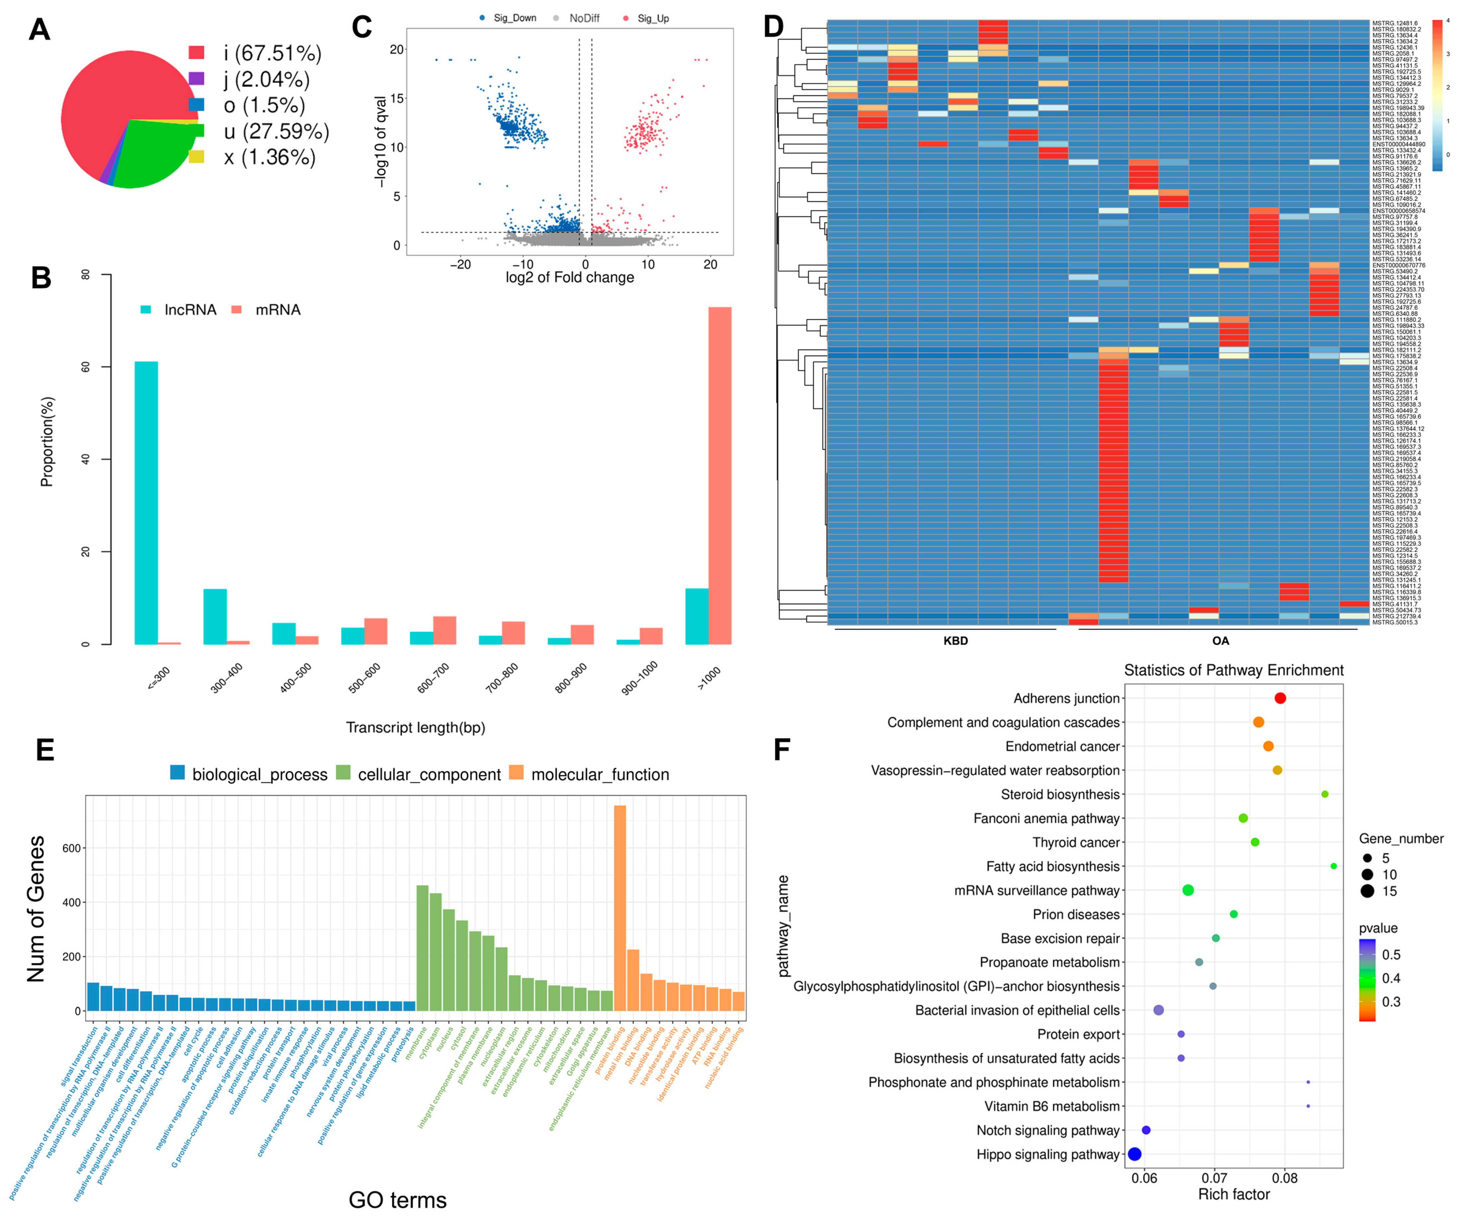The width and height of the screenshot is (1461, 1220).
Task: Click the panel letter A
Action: [40, 30]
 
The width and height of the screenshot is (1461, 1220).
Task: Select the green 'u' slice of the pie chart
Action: [149, 156]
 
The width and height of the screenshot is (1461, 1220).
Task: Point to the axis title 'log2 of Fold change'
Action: [569, 278]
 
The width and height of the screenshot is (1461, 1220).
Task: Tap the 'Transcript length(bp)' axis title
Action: [415, 728]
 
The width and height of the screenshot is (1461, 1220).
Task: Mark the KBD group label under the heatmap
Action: [955, 641]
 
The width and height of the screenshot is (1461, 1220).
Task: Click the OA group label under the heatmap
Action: [1220, 641]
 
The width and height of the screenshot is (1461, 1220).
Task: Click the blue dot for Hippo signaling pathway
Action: [1135, 1154]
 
